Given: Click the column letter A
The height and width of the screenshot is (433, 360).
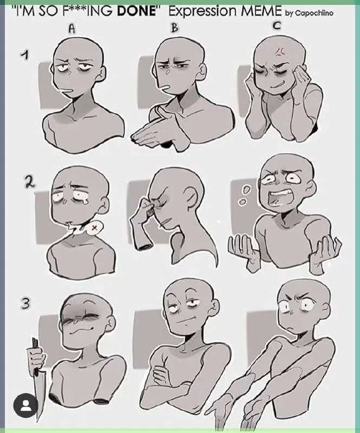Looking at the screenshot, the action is point(72,29).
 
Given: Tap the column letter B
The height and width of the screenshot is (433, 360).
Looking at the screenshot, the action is point(174,28).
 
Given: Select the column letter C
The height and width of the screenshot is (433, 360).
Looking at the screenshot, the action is point(277,25).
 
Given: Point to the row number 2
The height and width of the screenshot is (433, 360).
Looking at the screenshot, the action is point(29,182).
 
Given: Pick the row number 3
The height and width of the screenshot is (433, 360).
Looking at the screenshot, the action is point(25,304).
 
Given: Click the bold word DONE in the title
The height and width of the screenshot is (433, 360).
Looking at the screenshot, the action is point(136,11).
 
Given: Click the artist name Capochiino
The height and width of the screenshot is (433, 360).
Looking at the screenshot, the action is point(314,13).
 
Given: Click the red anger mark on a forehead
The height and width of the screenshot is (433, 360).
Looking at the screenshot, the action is point(279,51).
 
